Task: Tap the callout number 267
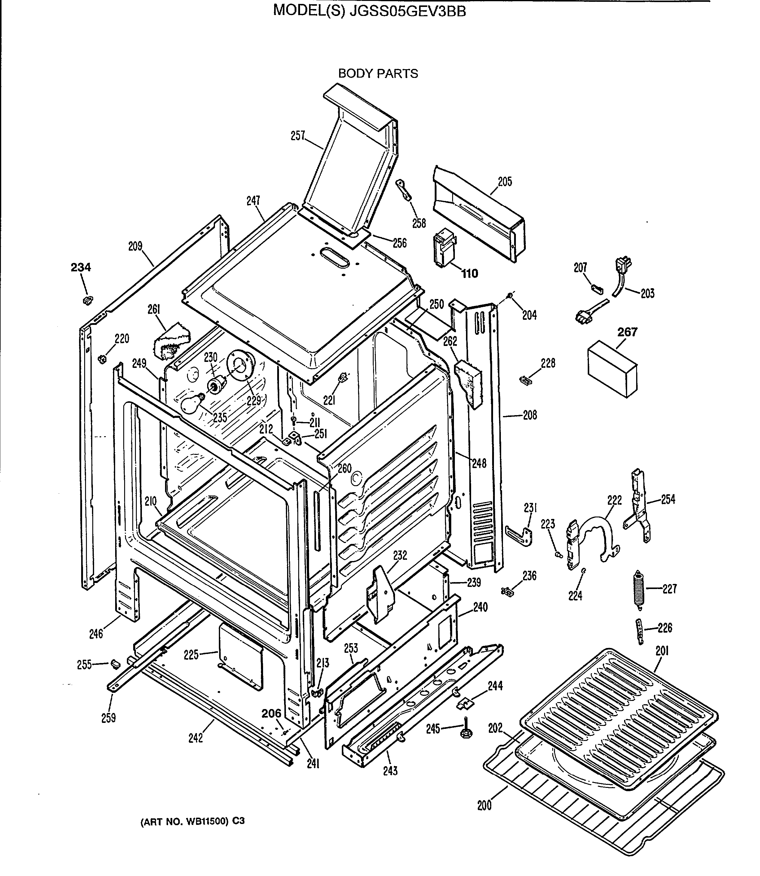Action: pos(627,332)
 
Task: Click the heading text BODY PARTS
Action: pos(378,74)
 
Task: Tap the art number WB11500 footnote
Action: pos(192,821)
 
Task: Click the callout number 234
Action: pos(81,267)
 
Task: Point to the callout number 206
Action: pos(271,714)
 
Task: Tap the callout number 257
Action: pos(298,136)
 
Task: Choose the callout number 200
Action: pos(484,805)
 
